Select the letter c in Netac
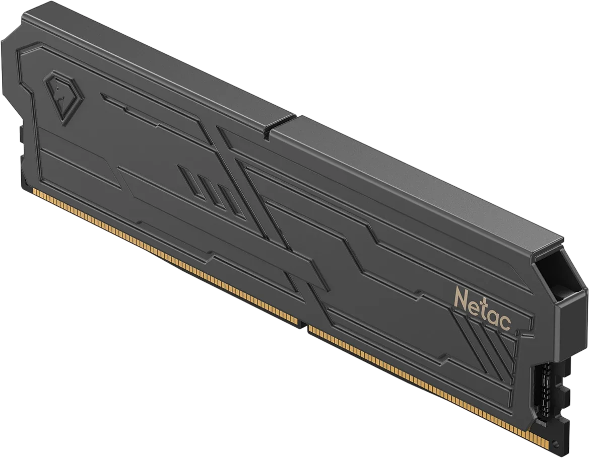tap(505, 322)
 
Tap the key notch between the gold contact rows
tap(303, 325)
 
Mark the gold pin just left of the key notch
tap(297, 321)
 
